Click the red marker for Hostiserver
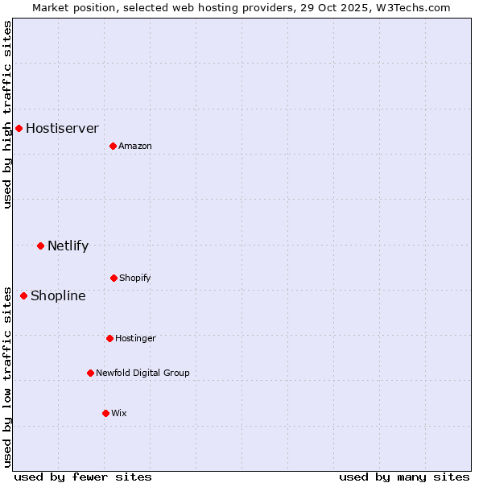click(19, 128)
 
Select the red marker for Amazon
click(113, 146)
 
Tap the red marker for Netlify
click(40, 246)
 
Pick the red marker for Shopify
click(114, 278)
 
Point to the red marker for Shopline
click(23, 295)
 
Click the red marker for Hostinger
click(109, 338)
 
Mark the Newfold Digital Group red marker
click(90, 373)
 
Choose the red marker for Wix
click(105, 413)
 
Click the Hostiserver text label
click(62, 128)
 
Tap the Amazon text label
click(135, 146)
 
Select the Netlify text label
click(68, 246)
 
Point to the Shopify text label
click(135, 278)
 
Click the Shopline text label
click(58, 295)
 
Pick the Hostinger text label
click(135, 338)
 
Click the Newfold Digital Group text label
click(142, 373)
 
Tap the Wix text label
click(119, 413)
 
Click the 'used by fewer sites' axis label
click(83, 477)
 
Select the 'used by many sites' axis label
click(404, 477)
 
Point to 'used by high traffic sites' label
click(7, 114)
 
